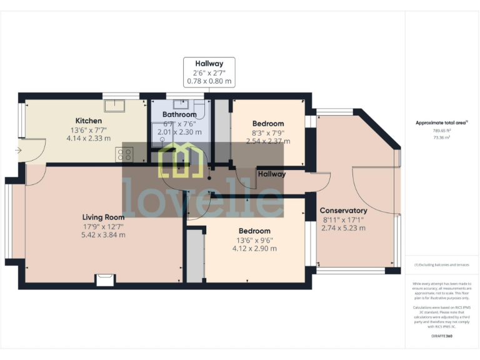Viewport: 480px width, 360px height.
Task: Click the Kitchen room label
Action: [x=89, y=121]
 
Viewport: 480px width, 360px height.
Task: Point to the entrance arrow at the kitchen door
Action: [x=19, y=151]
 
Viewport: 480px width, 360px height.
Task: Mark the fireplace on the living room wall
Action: [x=105, y=280]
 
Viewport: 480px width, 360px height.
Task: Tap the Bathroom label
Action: [x=179, y=115]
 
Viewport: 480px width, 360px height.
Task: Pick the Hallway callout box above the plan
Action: [x=209, y=72]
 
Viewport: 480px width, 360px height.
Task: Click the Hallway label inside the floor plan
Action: [x=272, y=174]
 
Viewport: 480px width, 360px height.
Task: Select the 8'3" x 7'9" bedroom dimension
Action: [x=268, y=132]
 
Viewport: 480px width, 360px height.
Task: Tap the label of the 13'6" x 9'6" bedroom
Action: [x=254, y=231]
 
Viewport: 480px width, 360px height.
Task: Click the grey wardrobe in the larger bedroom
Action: [x=196, y=256]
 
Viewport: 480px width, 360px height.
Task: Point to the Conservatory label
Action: [x=343, y=211]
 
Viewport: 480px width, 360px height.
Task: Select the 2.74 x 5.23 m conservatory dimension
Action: [x=343, y=228]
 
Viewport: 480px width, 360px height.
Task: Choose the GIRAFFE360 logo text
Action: [x=442, y=336]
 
